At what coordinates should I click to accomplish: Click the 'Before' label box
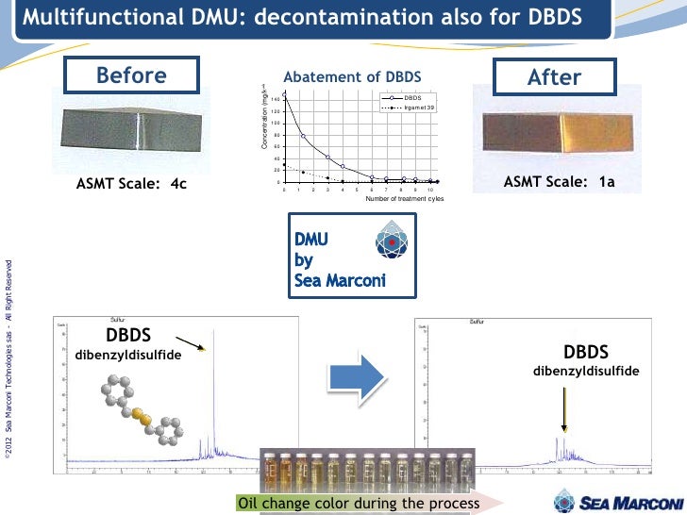click(131, 75)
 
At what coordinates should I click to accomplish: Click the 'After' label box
click(555, 76)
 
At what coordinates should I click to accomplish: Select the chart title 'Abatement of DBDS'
click(352, 76)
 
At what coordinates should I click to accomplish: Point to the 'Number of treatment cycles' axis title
click(404, 199)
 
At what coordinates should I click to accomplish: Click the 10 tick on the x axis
click(429, 190)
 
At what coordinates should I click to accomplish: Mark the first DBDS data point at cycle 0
click(284, 96)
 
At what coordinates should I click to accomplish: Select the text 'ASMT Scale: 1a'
click(559, 182)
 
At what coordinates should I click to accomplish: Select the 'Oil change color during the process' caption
click(358, 503)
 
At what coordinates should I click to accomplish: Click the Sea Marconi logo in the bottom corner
click(618, 500)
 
